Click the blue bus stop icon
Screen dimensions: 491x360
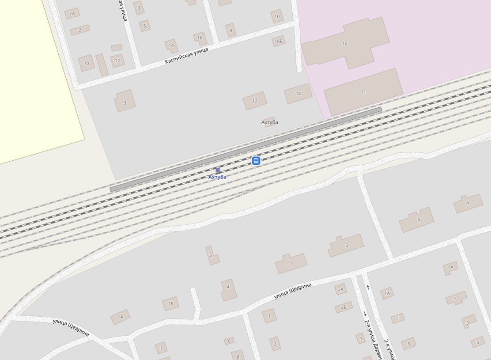click(x=256, y=161)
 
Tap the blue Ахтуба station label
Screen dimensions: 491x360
click(x=217, y=177)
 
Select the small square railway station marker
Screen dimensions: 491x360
click(x=218, y=170)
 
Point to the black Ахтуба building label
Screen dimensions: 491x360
click(x=269, y=122)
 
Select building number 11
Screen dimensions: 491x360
click(x=363, y=92)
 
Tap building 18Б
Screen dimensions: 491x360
click(x=278, y=41)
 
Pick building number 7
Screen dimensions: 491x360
click(x=468, y=204)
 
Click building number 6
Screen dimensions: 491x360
click(x=229, y=341)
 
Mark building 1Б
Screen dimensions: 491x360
click(x=170, y=303)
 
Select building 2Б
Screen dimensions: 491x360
click(x=344, y=307)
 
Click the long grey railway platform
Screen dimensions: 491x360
click(x=245, y=148)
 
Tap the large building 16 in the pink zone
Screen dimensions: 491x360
click(x=345, y=43)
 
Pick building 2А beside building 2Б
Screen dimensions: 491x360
click(x=340, y=290)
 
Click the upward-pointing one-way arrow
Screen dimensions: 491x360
click(x=368, y=288)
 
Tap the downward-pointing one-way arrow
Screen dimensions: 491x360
click(x=365, y=314)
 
